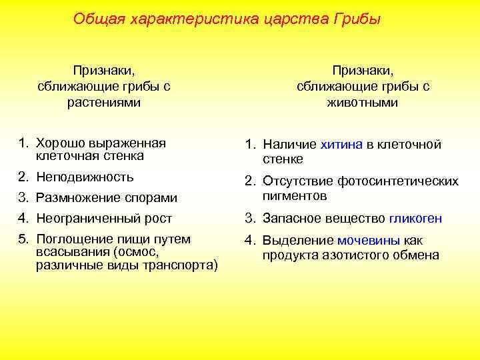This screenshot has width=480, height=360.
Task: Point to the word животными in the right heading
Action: point(363,102)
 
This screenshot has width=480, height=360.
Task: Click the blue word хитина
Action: point(342,145)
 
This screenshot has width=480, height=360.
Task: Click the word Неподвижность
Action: point(85,177)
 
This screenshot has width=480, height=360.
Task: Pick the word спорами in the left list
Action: point(155,198)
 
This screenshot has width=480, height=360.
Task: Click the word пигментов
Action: point(295,195)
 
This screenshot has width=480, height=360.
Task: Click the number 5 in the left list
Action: point(23,239)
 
